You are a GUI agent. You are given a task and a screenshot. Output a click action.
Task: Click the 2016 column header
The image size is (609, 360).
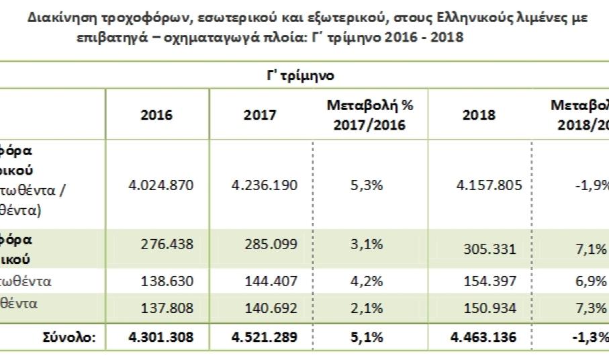pos(156,115)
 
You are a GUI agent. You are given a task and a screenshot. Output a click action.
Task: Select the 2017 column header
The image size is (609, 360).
pos(260,115)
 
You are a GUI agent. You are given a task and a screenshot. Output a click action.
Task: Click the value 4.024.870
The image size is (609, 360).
pos(160,185)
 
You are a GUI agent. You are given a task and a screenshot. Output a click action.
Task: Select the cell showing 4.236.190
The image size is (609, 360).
pos(264,185)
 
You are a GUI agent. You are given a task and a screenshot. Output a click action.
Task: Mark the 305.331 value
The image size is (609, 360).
pos(487,249)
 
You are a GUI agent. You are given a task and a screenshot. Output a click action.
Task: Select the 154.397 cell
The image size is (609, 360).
pos(487,281)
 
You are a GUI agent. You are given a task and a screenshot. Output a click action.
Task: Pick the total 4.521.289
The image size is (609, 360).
pos(264,336)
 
